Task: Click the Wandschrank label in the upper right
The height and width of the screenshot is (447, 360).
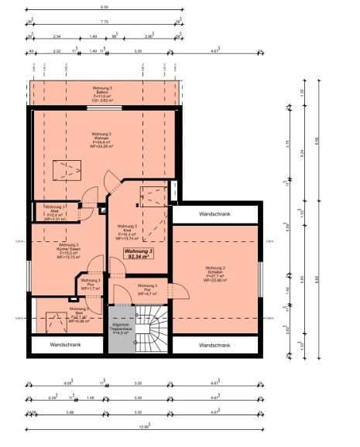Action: (x=214, y=213)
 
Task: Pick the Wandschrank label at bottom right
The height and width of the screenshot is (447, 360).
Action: (x=214, y=345)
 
